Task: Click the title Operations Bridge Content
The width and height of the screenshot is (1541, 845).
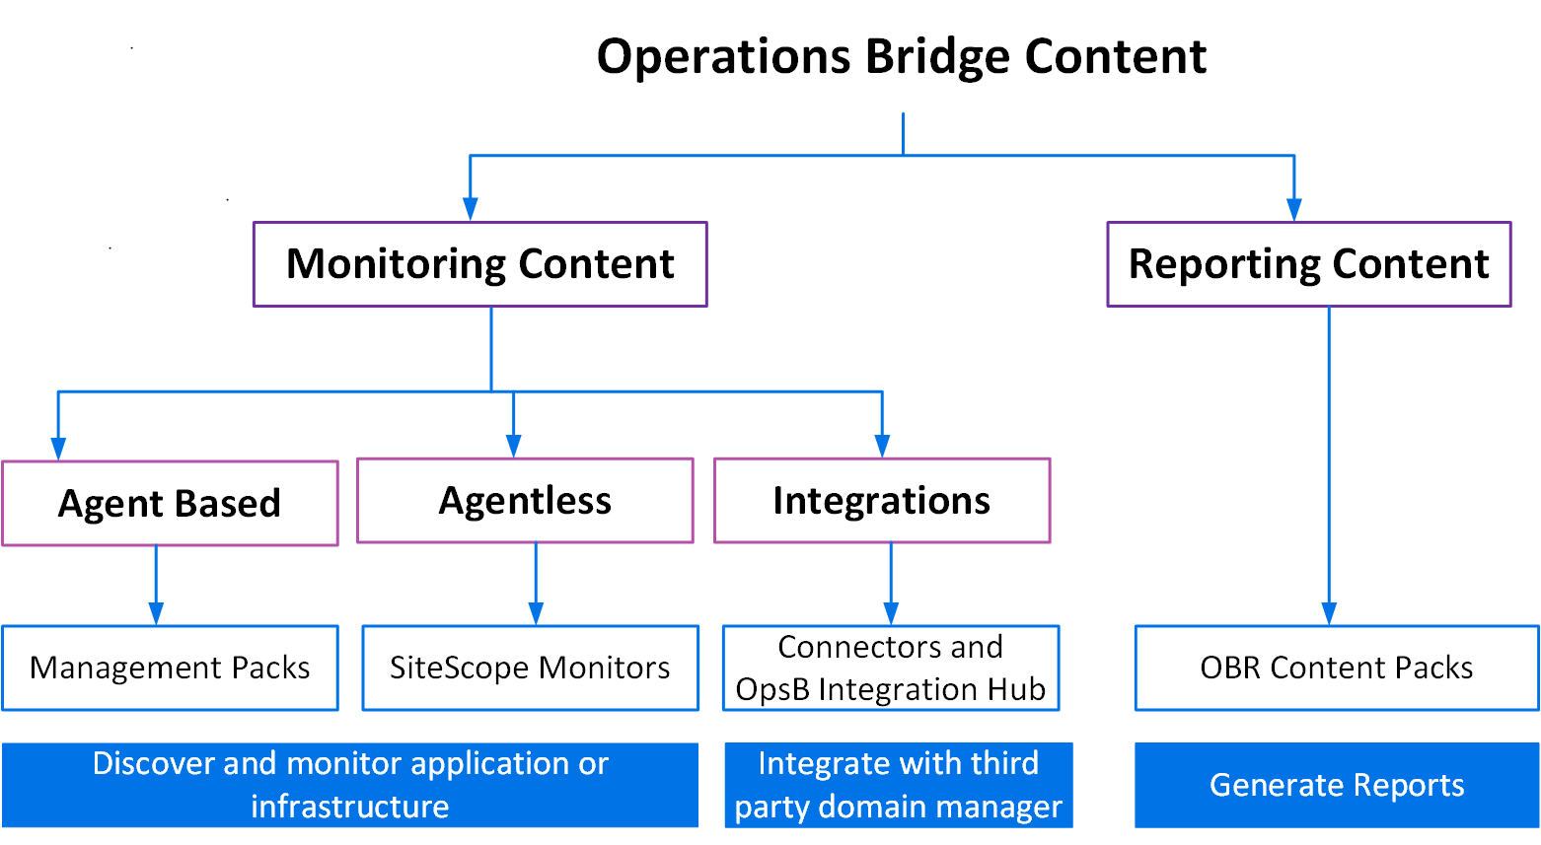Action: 901,56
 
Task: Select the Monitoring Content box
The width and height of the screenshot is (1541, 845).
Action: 479,264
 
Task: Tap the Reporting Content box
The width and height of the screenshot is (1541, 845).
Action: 1308,264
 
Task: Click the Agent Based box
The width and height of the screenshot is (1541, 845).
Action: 170,503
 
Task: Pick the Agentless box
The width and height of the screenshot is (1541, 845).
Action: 525,501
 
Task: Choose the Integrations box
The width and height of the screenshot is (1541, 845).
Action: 881,501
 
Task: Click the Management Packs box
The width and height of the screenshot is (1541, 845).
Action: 170,668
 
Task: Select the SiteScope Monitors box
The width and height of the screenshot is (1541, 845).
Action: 530,668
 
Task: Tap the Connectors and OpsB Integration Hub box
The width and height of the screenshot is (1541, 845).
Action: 890,668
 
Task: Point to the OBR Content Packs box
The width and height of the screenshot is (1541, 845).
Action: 1336,668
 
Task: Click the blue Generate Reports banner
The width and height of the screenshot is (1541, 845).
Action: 1336,785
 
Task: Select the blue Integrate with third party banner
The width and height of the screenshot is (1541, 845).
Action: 898,785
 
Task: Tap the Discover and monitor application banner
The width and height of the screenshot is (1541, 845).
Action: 349,785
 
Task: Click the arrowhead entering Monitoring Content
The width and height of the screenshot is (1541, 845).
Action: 471,209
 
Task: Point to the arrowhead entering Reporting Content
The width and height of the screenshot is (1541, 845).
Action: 1293,209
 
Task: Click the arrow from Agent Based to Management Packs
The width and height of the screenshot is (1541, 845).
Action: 156,587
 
